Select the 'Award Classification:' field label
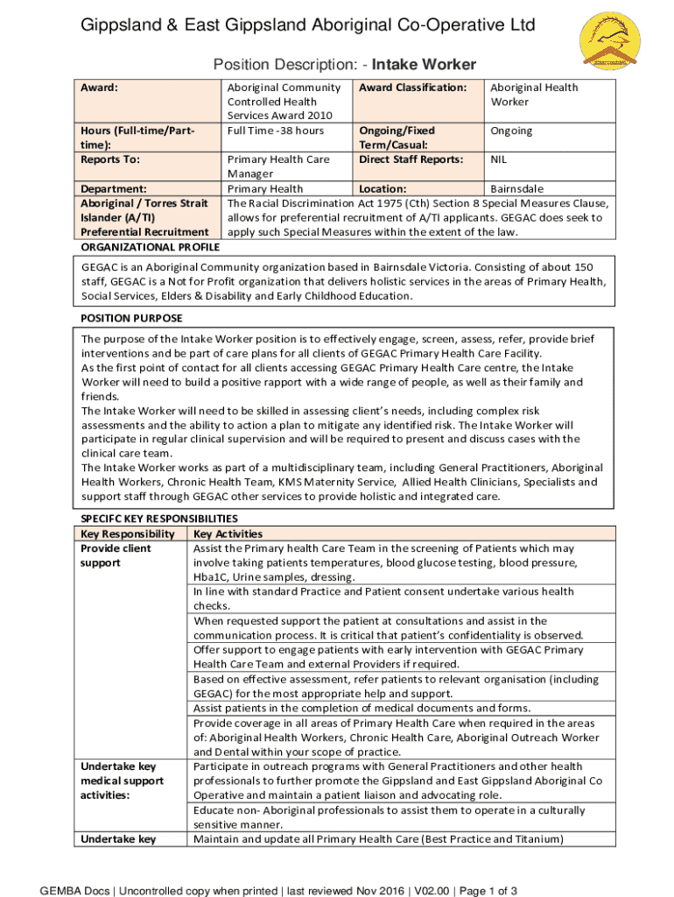point(412,88)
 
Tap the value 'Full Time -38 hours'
point(275,131)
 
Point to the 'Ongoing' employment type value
point(511,131)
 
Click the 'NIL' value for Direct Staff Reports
point(499,159)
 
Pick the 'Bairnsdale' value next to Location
point(516,188)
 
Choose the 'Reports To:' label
point(110,159)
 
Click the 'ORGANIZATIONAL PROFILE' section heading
point(150,246)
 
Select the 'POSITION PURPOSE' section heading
point(131,318)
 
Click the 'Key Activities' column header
point(228,533)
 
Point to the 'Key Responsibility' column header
point(128,533)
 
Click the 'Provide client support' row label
point(116,555)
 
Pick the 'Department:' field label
point(113,188)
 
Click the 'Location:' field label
point(383,188)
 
